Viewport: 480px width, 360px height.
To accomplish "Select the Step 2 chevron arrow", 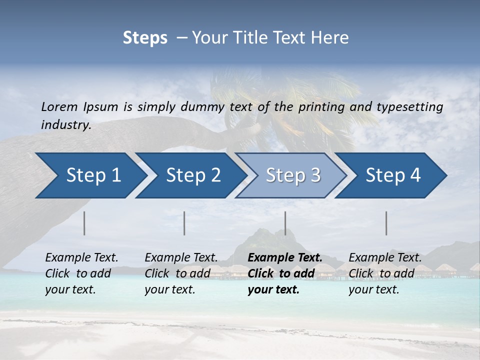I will (190, 175).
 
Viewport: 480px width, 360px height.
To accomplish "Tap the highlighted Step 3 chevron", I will (290, 175).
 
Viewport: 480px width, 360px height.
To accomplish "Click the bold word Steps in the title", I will (145, 38).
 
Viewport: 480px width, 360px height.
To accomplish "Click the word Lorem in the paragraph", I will (59, 106).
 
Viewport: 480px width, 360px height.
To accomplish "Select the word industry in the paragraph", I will (65, 124).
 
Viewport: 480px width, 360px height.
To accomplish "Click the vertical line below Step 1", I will (84, 223).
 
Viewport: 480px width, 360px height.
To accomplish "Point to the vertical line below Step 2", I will (184, 223).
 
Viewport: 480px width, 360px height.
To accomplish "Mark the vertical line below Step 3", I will (285, 223).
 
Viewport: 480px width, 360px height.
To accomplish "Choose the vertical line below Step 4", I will (386, 223).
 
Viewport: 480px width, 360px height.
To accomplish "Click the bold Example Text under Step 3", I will (285, 258).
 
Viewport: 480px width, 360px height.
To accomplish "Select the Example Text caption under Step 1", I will (81, 258).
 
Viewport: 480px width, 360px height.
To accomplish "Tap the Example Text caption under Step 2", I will (181, 258).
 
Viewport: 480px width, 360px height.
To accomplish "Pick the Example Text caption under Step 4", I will (385, 258).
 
